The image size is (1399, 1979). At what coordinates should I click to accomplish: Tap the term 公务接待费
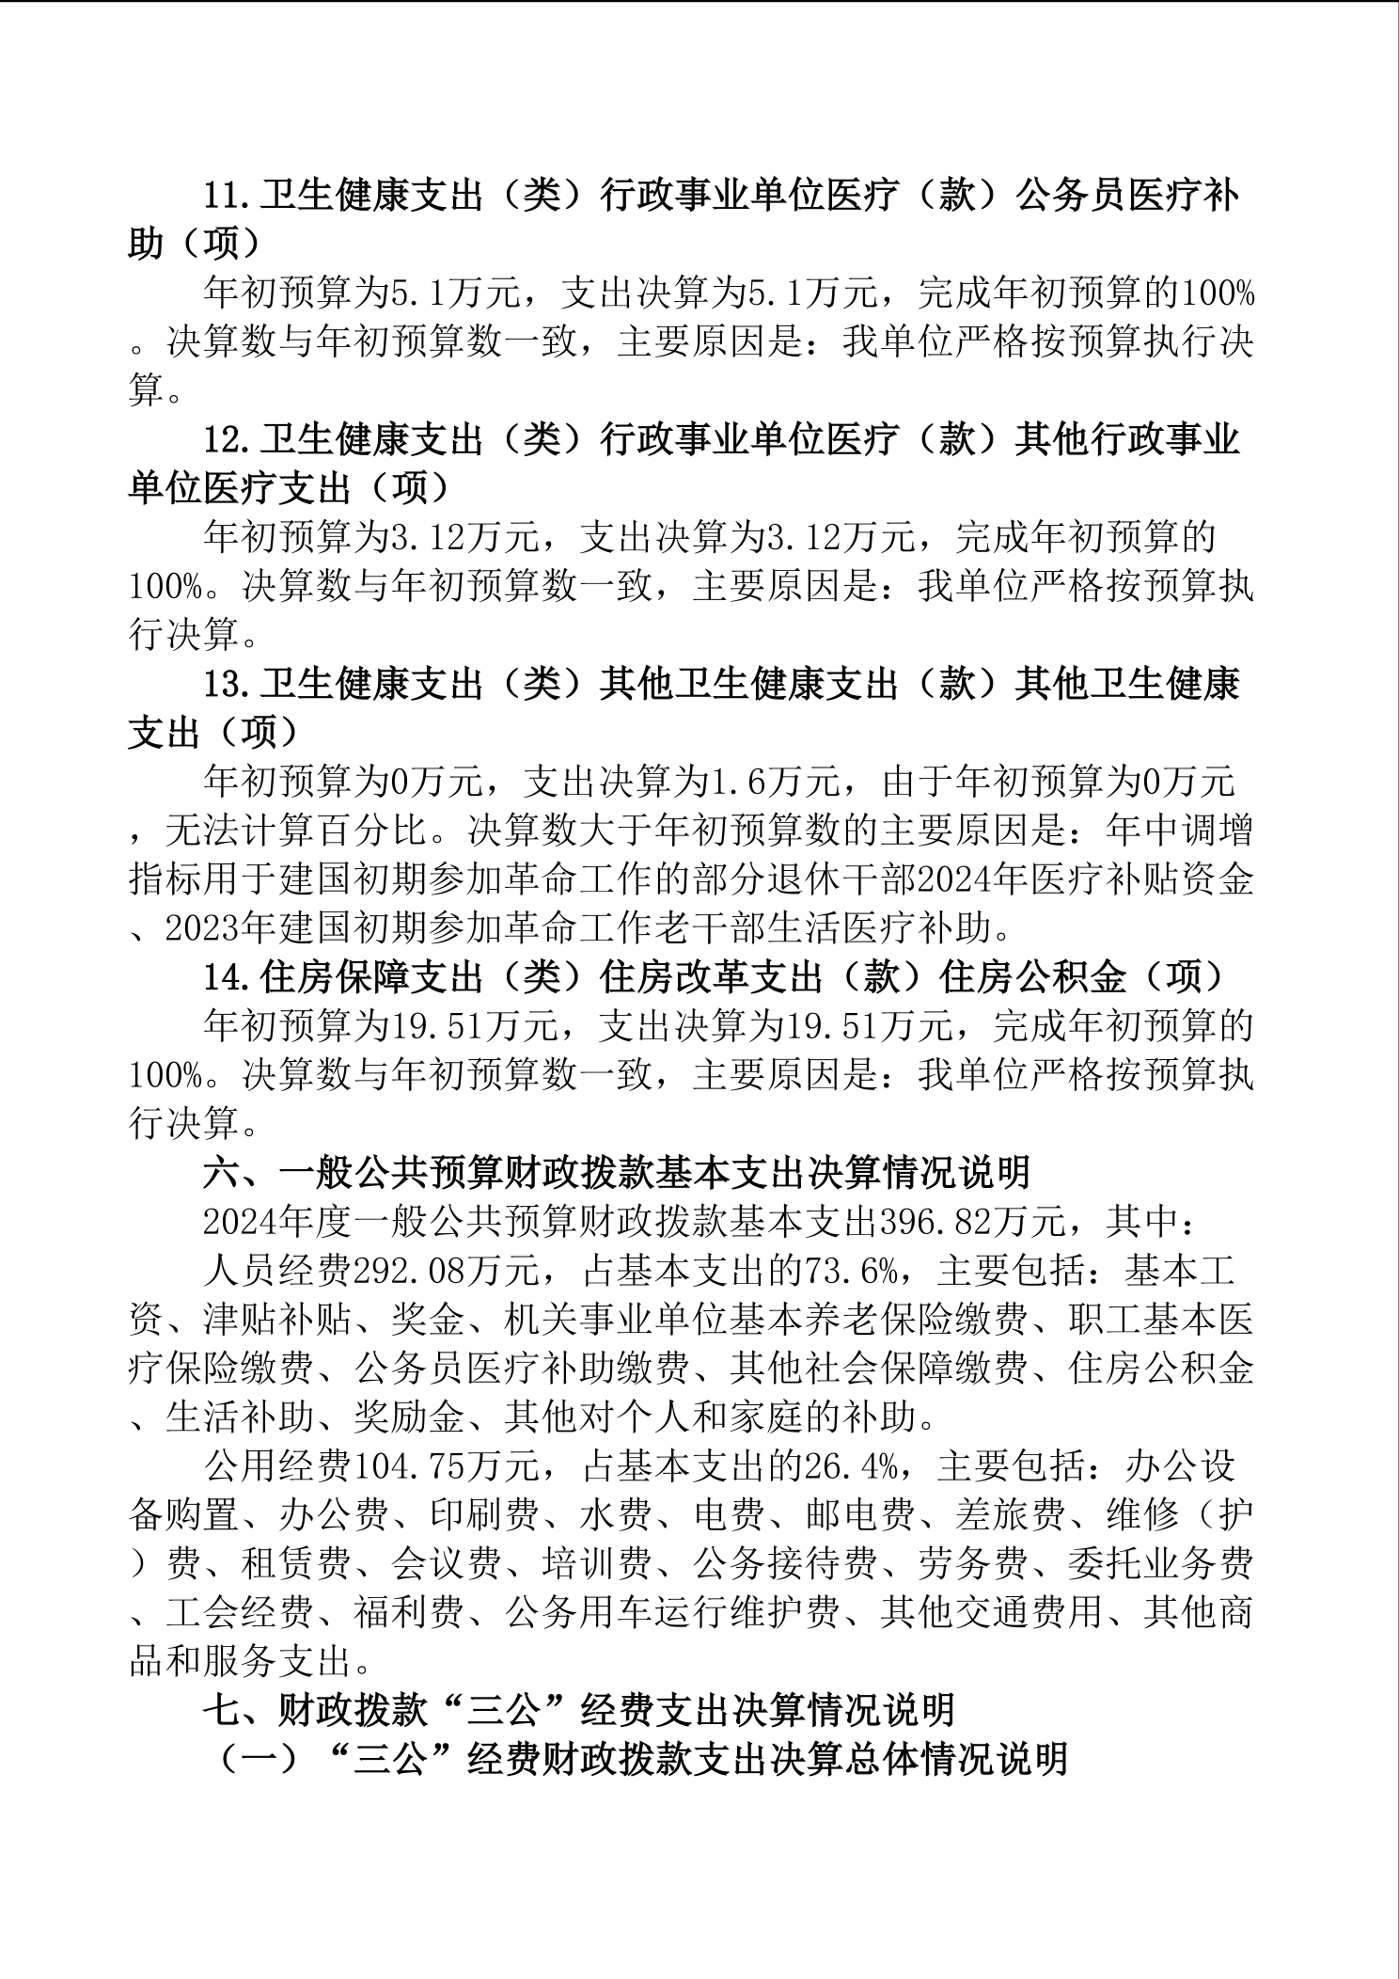785,1563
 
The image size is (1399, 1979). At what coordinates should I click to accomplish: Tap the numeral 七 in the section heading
222,1710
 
